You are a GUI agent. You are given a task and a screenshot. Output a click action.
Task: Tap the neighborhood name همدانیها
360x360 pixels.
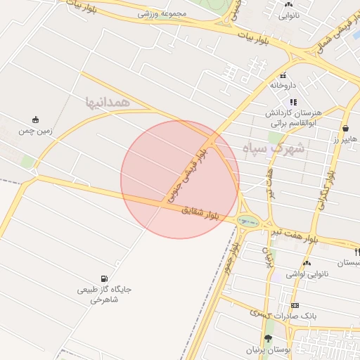coord(108,103)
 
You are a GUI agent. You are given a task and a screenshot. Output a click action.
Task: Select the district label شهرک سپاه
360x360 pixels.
coord(274,148)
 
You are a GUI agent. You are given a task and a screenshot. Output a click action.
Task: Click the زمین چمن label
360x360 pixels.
coord(36,131)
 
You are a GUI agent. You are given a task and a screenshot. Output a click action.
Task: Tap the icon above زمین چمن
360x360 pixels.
coord(36,120)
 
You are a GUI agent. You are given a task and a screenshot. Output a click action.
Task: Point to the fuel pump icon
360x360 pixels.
coord(105,278)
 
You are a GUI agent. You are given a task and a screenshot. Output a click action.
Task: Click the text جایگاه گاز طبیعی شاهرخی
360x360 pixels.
coord(105,295)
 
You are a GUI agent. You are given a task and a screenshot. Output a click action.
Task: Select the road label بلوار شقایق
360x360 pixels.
coord(201,213)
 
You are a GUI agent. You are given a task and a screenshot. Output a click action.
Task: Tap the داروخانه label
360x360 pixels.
coord(284,85)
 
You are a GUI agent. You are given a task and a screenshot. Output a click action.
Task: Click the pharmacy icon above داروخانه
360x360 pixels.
coord(283,75)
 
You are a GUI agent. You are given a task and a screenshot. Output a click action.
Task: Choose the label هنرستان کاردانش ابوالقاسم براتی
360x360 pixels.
coord(293,117)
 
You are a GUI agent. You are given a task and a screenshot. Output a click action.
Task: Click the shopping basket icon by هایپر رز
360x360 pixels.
coord(346,129)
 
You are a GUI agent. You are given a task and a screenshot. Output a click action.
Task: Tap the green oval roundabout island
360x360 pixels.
coord(247,221)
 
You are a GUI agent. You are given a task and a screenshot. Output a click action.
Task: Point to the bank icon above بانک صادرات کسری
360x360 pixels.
coord(295,305)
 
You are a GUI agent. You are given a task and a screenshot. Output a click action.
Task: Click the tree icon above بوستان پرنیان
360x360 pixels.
coord(267,338)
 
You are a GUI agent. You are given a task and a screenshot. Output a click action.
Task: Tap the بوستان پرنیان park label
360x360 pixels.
coord(268,349)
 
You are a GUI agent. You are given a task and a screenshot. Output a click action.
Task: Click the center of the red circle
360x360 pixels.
coord(180,179)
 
